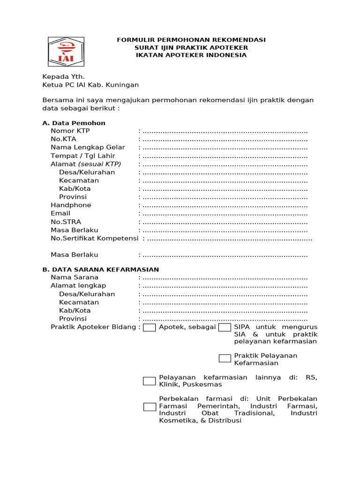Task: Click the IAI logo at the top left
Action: tap(66, 52)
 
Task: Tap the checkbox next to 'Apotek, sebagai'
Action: tap(150, 327)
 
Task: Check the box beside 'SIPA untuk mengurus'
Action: tap(225, 327)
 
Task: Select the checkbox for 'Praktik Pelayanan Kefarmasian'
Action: tap(225, 359)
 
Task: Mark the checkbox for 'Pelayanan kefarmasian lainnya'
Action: tap(150, 381)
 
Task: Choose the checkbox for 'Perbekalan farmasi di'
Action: tap(150, 407)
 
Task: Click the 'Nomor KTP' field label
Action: tap(70, 131)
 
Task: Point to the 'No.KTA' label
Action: tap(63, 139)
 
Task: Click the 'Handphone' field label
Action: tap(71, 205)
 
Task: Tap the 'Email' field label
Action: tap(60, 213)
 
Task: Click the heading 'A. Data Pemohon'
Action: tap(74, 123)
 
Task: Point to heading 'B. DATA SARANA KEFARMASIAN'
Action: tap(101, 270)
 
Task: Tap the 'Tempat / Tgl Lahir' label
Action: tap(83, 156)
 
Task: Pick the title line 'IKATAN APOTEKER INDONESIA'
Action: tap(191, 55)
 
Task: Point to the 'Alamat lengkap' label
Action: tap(78, 286)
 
